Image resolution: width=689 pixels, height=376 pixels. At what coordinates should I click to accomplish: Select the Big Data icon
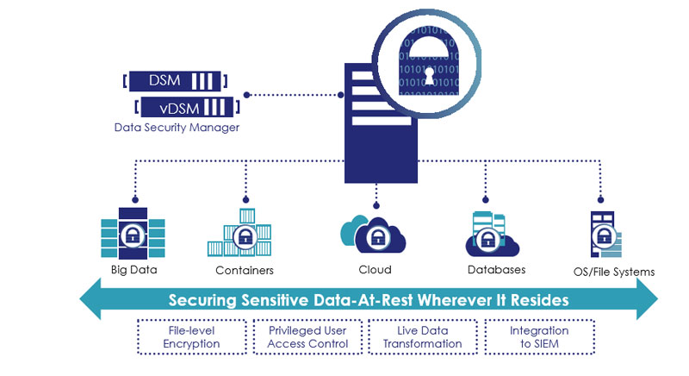(133, 229)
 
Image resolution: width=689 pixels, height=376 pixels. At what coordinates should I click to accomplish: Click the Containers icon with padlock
(244, 232)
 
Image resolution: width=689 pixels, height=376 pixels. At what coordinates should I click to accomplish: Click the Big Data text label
(134, 269)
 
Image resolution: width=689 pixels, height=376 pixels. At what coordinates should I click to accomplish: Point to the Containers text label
(245, 270)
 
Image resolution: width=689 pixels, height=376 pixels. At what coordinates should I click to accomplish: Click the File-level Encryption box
(192, 337)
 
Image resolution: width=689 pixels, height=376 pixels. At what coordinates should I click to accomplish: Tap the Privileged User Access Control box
(307, 337)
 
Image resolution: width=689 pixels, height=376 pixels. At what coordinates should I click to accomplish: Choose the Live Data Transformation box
(423, 337)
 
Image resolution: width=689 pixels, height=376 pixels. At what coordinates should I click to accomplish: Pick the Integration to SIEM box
(539, 337)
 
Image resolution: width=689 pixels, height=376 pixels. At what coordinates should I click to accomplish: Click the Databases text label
(496, 270)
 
